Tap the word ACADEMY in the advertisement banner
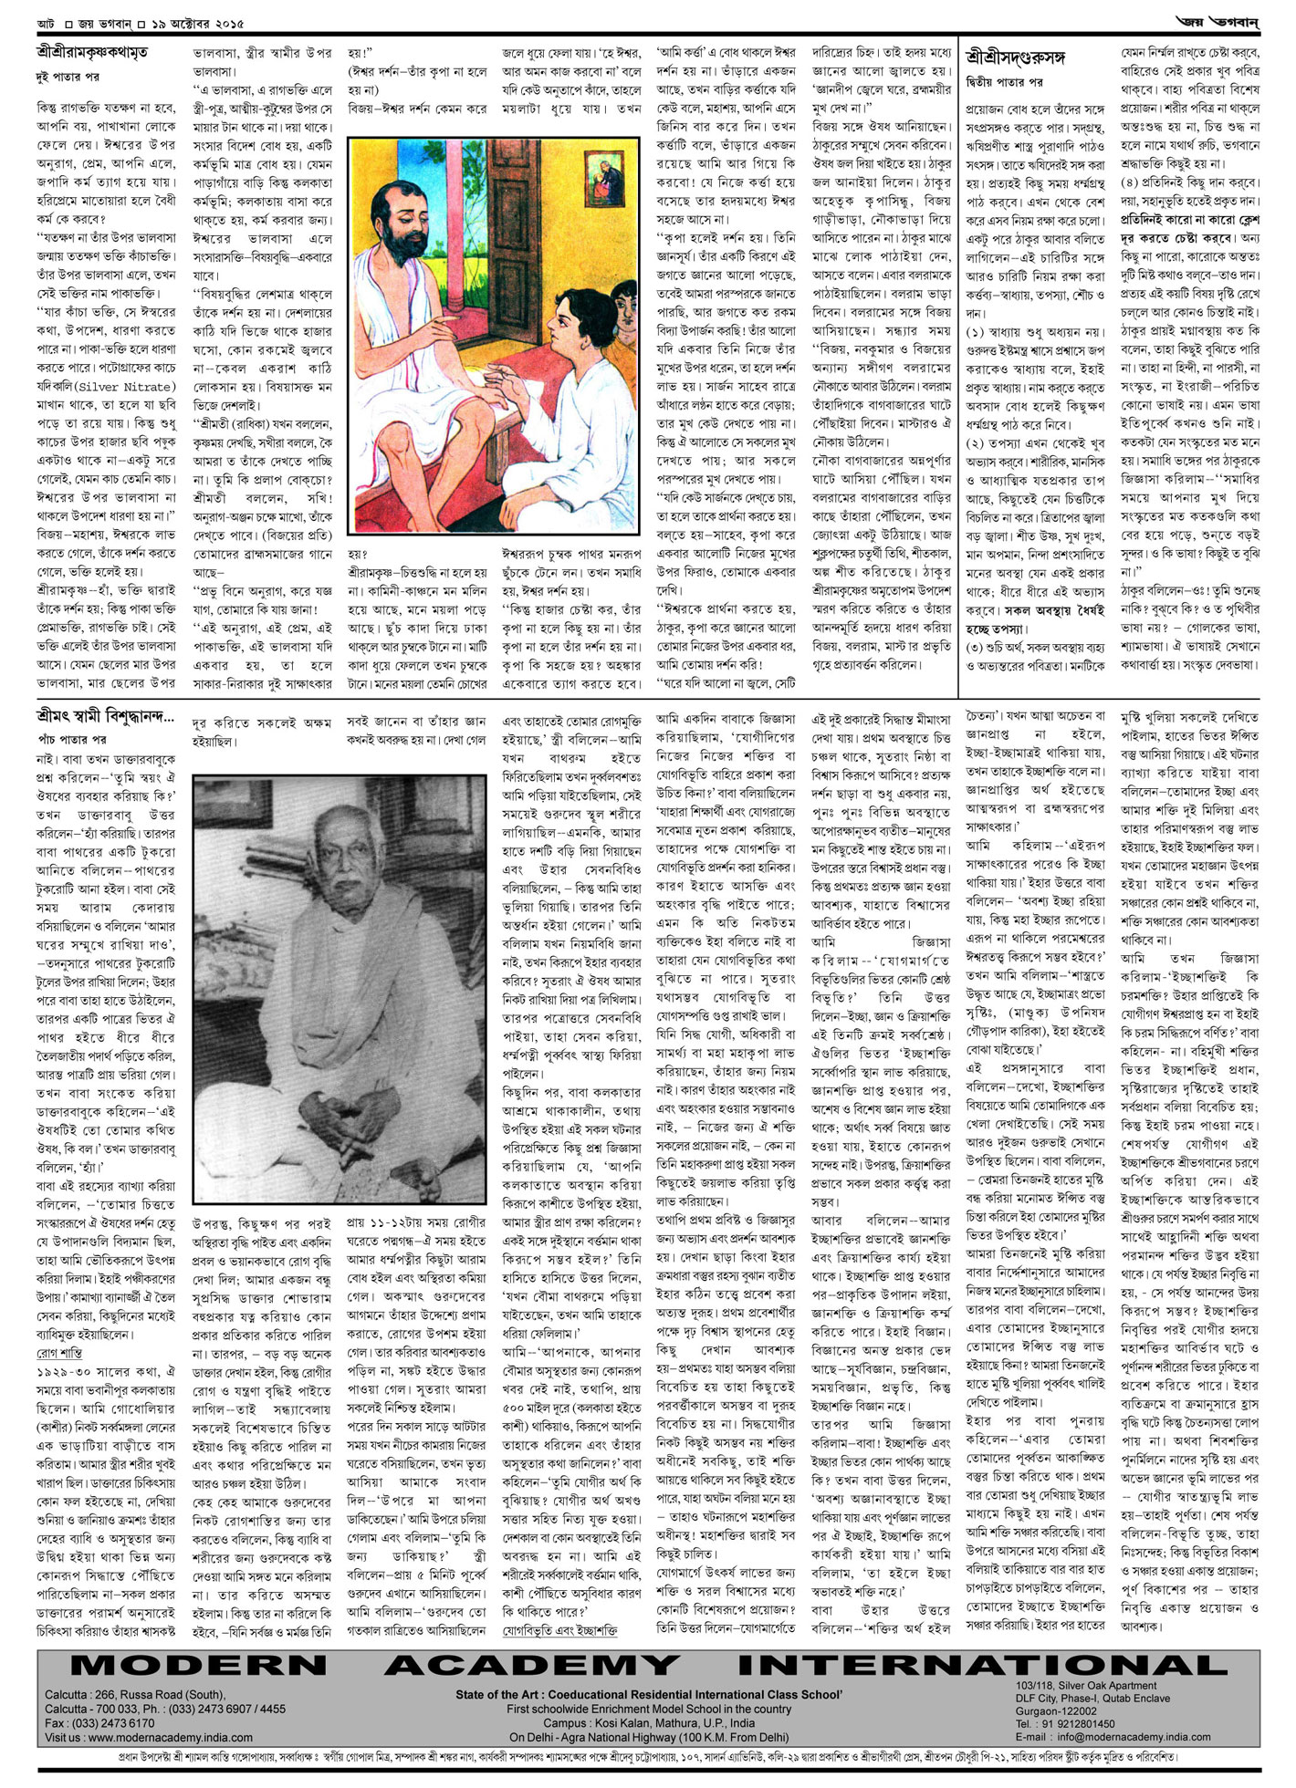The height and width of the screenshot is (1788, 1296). click(532, 1664)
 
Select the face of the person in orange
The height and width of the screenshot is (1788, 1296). click(625, 306)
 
